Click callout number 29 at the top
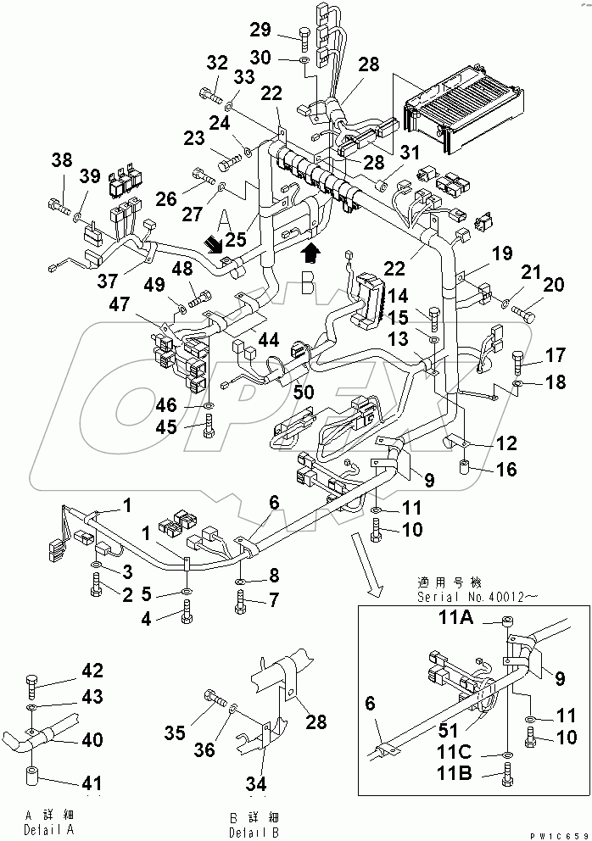261,31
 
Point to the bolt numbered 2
98,586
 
